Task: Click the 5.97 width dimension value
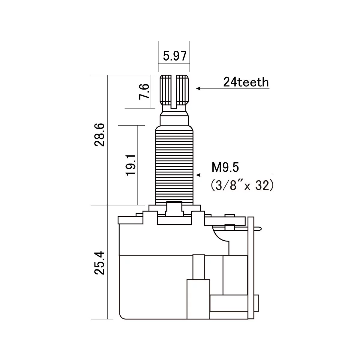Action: tap(175, 56)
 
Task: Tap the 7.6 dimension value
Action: tap(144, 91)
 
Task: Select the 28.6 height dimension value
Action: tap(99, 135)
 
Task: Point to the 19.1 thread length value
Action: tap(130, 165)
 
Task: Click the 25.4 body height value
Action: tap(99, 263)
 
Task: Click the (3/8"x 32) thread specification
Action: tap(242, 185)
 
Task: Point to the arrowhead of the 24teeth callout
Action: tap(198, 88)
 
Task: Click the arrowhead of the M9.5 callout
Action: tap(198, 175)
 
